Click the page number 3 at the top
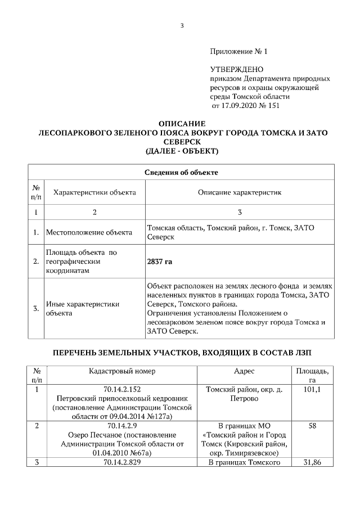click(182, 25)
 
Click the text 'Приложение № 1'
click(238, 51)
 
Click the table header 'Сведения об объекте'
click(181, 172)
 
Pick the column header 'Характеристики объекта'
click(94, 192)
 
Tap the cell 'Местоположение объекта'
click(89, 232)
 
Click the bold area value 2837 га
click(159, 262)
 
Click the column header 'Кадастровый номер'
click(122, 371)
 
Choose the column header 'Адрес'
click(244, 371)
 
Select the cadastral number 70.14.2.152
click(122, 389)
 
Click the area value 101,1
click(312, 389)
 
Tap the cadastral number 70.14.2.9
click(122, 426)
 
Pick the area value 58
click(312, 426)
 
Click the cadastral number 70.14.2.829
click(122, 462)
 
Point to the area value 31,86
click(312, 462)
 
